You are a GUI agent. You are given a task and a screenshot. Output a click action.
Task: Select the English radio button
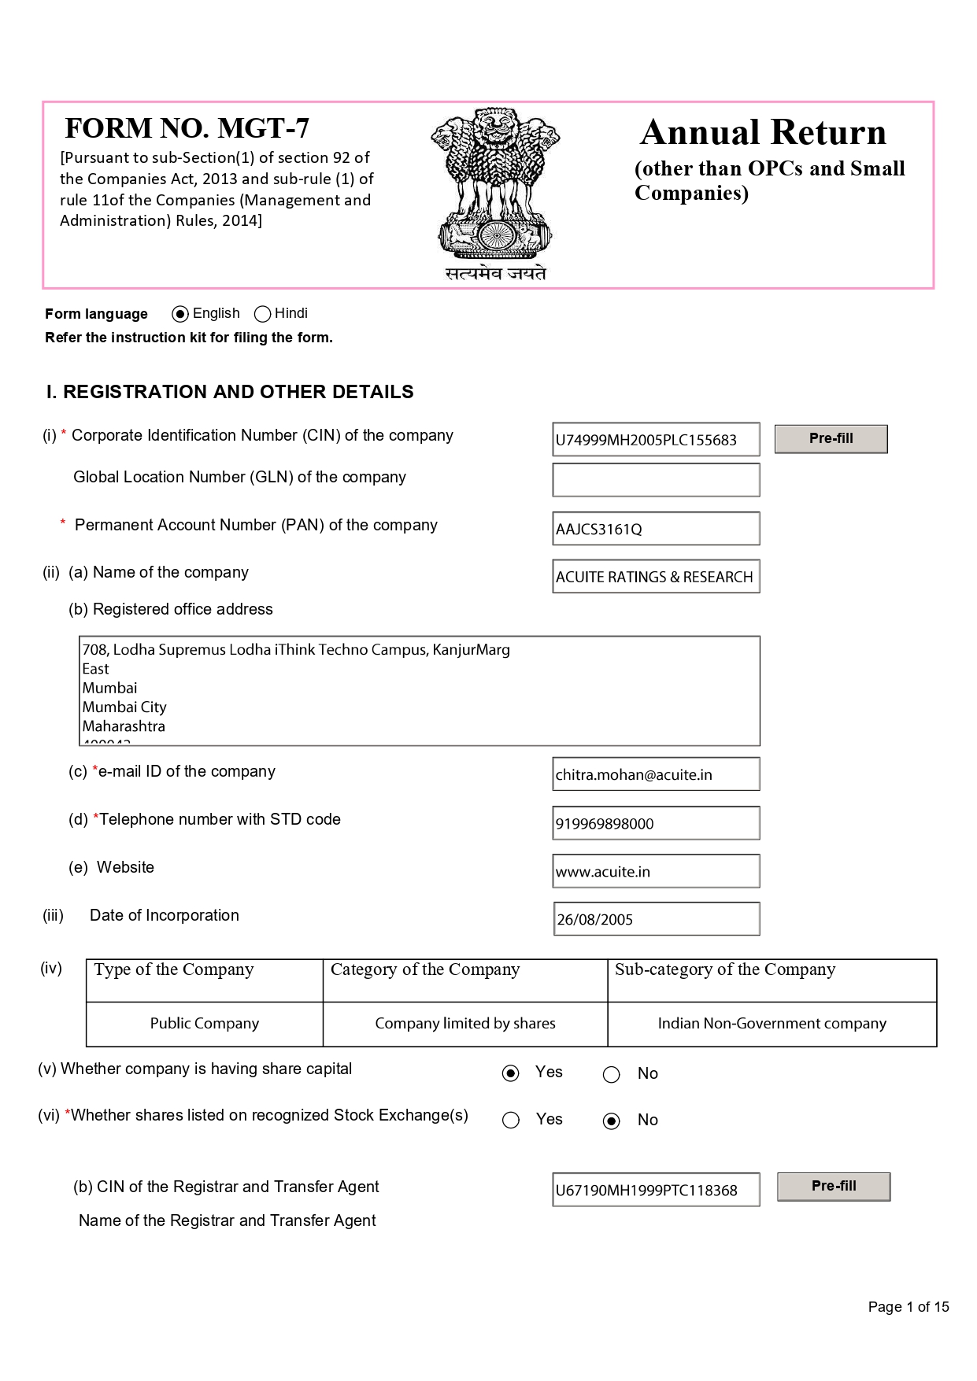click(x=180, y=314)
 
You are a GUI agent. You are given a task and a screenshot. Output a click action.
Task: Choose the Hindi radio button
click(x=263, y=314)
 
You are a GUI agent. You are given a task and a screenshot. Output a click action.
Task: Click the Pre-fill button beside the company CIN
click(x=831, y=438)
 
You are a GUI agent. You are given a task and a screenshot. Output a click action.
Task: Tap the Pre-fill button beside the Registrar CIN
click(x=833, y=1186)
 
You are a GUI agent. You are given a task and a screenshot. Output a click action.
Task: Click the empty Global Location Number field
click(x=656, y=480)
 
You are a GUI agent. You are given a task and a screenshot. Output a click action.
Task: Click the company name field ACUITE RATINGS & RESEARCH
click(x=656, y=577)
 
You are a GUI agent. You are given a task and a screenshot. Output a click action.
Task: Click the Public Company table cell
click(x=205, y=1024)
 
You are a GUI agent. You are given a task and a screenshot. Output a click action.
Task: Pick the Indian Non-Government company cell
click(x=772, y=1024)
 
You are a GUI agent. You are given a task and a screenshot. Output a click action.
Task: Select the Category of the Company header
click(x=425, y=970)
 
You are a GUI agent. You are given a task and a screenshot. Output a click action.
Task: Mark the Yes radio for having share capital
click(x=511, y=1073)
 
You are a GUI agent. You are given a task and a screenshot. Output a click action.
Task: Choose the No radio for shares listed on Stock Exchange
click(x=612, y=1121)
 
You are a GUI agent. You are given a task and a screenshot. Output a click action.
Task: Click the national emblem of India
click(x=495, y=185)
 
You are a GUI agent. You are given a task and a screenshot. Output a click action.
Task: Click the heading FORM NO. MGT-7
click(x=187, y=128)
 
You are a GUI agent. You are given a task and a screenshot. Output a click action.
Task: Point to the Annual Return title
click(x=763, y=132)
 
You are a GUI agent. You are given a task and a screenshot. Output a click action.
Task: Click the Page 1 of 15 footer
click(x=908, y=1307)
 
